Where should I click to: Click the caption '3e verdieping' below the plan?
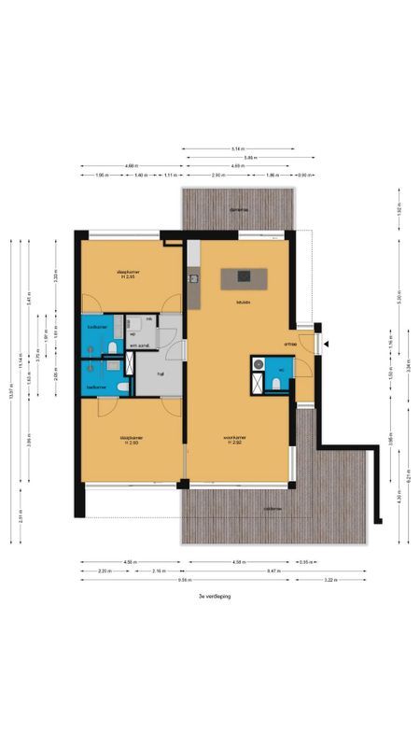pyautogui.click(x=214, y=595)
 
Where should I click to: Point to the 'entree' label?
pyautogui.click(x=290, y=344)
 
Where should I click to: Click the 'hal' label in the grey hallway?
pyautogui.click(x=161, y=373)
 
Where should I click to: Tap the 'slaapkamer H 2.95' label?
pyautogui.click(x=129, y=275)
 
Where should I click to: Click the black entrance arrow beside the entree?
pyautogui.click(x=327, y=345)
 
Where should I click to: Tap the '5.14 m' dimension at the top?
pyautogui.click(x=239, y=148)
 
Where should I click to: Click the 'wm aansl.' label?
pyautogui.click(x=139, y=346)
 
